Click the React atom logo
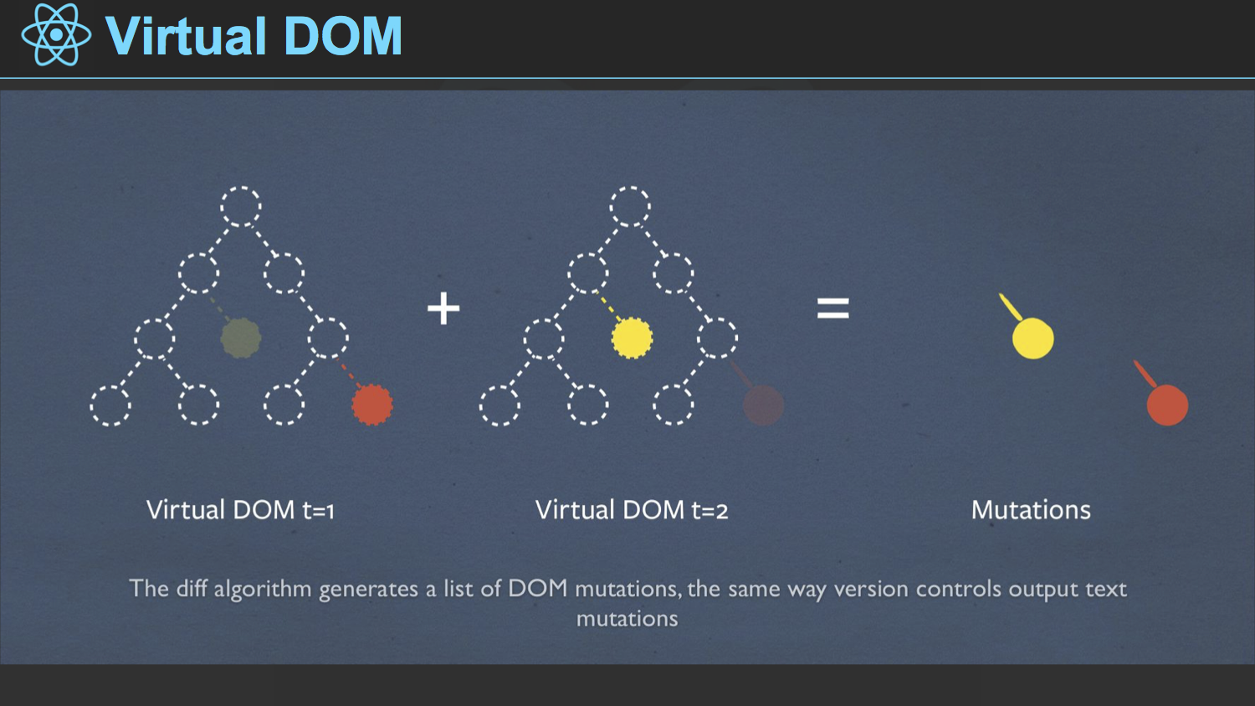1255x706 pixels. click(x=56, y=35)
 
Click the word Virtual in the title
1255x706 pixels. click(x=186, y=36)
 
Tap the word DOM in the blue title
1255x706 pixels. click(x=343, y=36)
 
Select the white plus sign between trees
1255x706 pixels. click(x=443, y=308)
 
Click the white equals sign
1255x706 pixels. click(x=833, y=308)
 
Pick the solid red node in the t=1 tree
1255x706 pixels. click(x=372, y=405)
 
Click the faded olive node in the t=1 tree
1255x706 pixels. click(x=241, y=338)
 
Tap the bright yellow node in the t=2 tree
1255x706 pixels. click(x=632, y=338)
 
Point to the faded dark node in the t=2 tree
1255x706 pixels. click(x=763, y=405)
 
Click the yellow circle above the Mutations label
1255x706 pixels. click(x=1033, y=338)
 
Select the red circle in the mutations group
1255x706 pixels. click(x=1167, y=405)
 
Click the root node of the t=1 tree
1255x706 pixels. click(x=241, y=206)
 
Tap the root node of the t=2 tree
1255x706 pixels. click(x=630, y=206)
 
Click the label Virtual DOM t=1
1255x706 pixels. click(x=240, y=510)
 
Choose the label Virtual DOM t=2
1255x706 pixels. click(x=632, y=510)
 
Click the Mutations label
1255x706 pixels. click(x=1031, y=510)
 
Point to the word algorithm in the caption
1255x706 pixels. click(x=262, y=590)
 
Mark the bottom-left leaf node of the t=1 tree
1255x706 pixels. click(x=110, y=405)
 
